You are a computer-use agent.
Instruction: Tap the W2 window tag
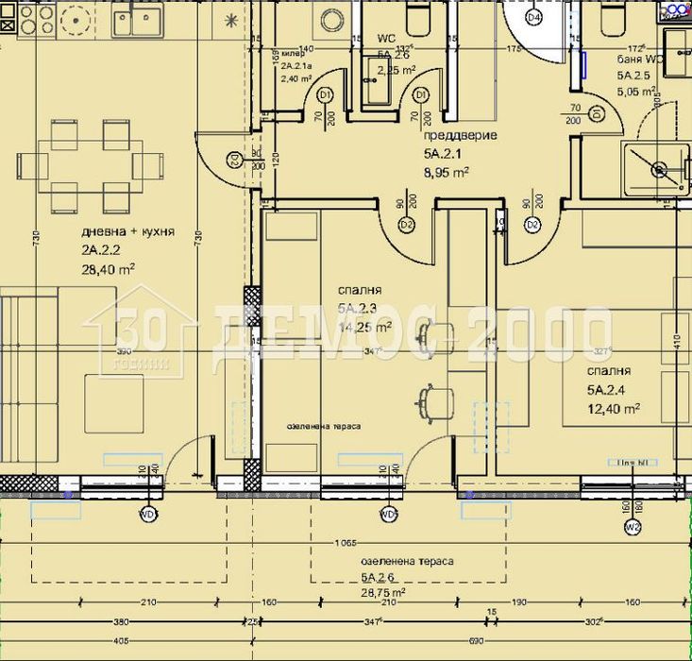pos(632,527)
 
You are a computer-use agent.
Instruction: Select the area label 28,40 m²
pos(107,268)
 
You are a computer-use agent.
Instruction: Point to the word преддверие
pos(460,136)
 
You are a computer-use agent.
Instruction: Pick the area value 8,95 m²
pos(447,171)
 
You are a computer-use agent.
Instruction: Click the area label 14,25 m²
pos(363,327)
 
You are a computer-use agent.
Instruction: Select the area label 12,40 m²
pos(614,408)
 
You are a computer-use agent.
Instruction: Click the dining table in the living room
pos(91,165)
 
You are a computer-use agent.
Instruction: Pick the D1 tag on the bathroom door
pos(597,113)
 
